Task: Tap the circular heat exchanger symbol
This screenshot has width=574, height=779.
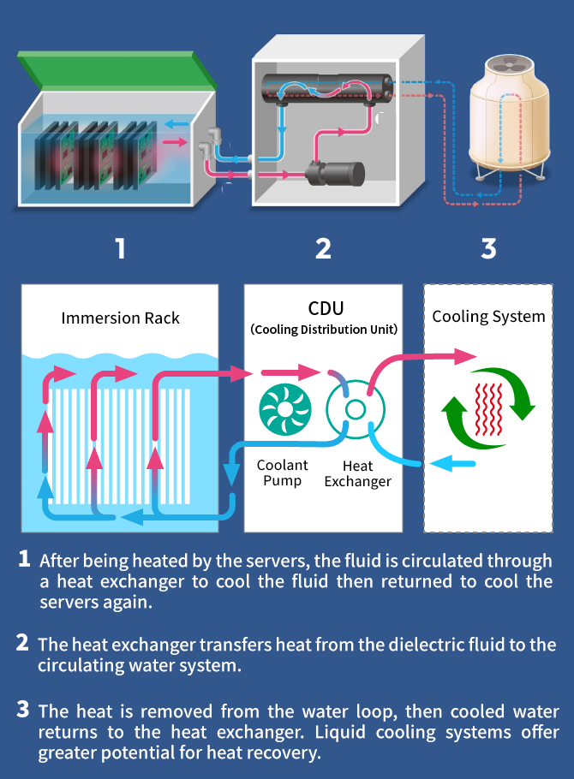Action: click(352, 409)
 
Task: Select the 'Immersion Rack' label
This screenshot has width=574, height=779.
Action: click(121, 318)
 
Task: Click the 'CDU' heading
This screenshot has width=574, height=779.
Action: click(324, 308)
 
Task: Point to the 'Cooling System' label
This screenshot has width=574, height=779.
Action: click(488, 316)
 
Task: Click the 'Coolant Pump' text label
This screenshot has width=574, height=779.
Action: click(282, 473)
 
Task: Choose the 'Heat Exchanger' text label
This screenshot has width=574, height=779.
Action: click(357, 473)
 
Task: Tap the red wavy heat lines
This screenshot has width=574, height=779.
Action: click(488, 409)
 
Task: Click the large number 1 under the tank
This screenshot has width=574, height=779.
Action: click(121, 248)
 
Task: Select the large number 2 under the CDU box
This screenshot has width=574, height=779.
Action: click(323, 248)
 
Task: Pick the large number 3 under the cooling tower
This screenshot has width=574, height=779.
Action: click(488, 248)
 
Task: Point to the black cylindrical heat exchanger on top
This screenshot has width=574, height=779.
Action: click(326, 88)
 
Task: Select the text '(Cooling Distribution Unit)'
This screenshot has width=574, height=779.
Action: click(324, 330)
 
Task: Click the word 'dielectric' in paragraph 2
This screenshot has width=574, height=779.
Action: click(404, 645)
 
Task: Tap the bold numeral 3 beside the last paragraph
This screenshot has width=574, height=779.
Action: click(23, 710)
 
